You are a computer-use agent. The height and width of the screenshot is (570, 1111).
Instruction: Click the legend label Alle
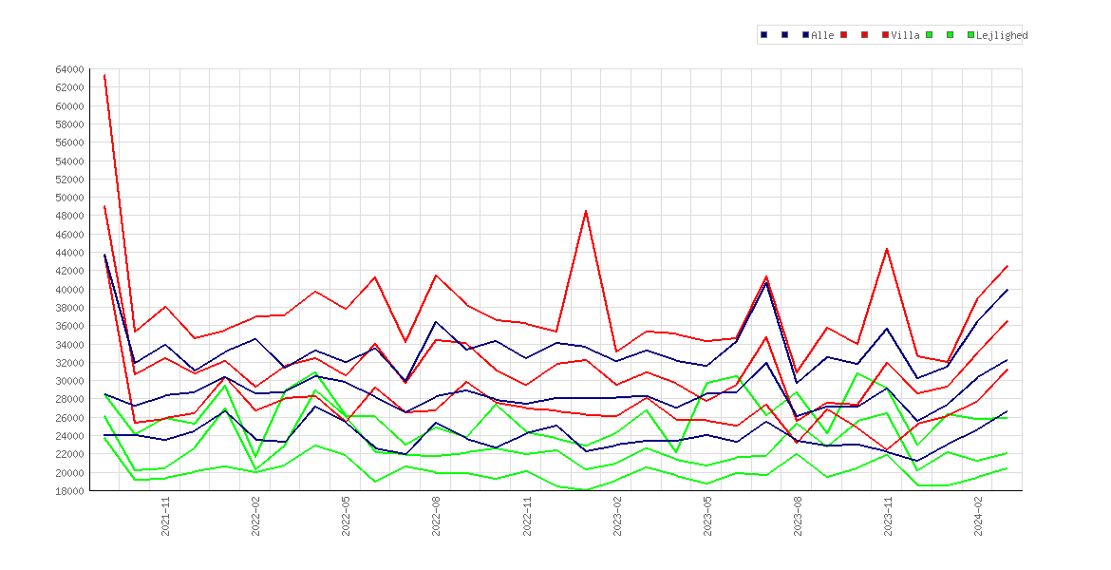822,35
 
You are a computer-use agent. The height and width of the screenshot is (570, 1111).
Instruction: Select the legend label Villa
906,35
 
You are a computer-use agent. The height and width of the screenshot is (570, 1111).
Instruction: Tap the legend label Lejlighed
1002,35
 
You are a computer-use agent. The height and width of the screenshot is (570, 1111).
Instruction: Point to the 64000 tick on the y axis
69,69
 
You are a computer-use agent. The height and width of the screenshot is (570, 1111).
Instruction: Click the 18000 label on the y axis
69,490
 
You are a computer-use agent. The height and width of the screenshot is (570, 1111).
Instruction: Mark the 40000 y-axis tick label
69,289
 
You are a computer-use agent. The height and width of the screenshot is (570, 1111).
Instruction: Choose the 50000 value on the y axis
69,198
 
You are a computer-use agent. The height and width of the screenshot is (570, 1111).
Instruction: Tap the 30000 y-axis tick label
69,381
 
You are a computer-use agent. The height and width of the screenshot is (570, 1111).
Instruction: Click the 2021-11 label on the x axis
165,516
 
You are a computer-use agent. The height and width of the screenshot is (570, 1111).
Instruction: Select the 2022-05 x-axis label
346,516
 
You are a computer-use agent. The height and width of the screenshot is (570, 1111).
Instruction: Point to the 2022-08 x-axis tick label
437,516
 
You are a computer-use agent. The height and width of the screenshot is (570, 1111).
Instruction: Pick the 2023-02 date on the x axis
617,516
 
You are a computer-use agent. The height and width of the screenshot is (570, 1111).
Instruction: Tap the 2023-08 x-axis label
798,516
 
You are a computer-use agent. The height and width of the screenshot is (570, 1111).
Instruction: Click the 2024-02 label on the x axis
978,516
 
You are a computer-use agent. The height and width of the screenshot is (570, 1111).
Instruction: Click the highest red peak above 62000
104,74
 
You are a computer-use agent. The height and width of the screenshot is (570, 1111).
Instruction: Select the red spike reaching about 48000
586,211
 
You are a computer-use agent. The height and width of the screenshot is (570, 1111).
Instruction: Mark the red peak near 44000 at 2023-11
887,248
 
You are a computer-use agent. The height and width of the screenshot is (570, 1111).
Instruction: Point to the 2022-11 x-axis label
526,516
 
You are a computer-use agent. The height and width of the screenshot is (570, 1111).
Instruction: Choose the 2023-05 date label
707,516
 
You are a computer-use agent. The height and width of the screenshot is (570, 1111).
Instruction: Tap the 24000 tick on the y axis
69,436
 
